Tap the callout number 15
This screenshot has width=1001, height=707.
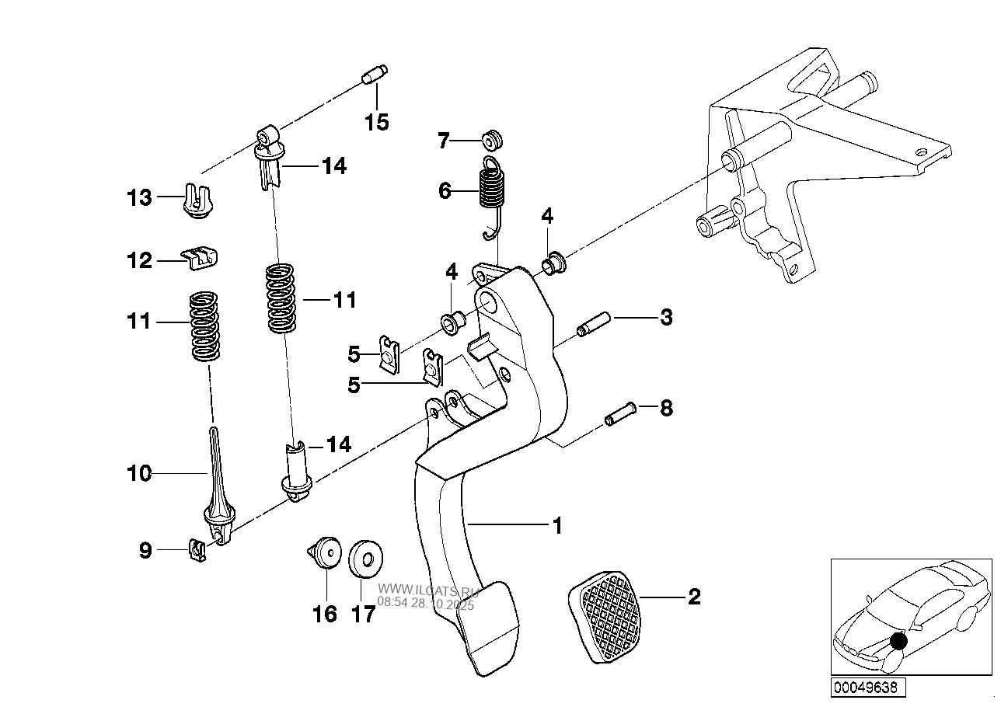(x=377, y=122)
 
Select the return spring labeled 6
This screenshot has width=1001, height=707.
(x=493, y=197)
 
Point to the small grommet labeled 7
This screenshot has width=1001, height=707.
(x=493, y=141)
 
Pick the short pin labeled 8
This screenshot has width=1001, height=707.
(x=620, y=413)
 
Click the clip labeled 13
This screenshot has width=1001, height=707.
(x=197, y=200)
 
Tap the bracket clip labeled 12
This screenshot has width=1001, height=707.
(x=199, y=258)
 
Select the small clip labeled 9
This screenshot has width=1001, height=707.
(x=197, y=550)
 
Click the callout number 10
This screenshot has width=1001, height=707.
(x=139, y=473)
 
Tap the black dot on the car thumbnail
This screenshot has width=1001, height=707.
(x=898, y=641)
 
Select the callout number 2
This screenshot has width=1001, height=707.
(x=694, y=597)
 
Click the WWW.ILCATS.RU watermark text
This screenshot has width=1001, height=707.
(x=428, y=591)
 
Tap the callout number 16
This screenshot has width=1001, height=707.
(x=325, y=614)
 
